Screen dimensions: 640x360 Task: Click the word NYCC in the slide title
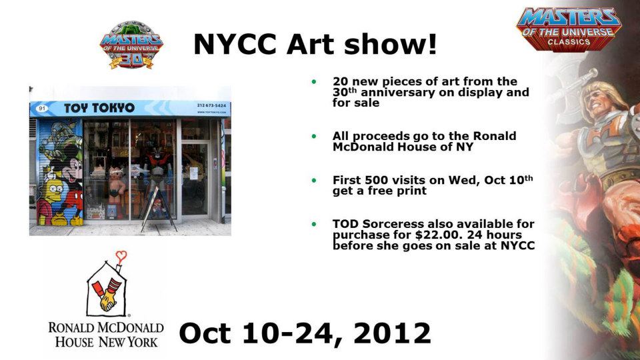(x=235, y=44)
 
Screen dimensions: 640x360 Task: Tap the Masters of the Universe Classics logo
(x=569, y=29)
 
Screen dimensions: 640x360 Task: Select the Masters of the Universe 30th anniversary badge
(x=131, y=45)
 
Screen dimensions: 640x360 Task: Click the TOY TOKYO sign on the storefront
(x=99, y=108)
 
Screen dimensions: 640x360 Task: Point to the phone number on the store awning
(x=211, y=105)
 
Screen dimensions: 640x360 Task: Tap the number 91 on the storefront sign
(x=41, y=108)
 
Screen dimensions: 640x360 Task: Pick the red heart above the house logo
(x=121, y=256)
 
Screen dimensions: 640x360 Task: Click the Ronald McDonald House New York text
(x=106, y=334)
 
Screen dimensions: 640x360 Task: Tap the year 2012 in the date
(x=392, y=333)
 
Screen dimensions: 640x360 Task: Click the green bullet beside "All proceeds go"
(x=314, y=136)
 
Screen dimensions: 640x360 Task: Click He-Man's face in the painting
(x=600, y=100)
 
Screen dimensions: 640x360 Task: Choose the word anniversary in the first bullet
(x=401, y=92)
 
